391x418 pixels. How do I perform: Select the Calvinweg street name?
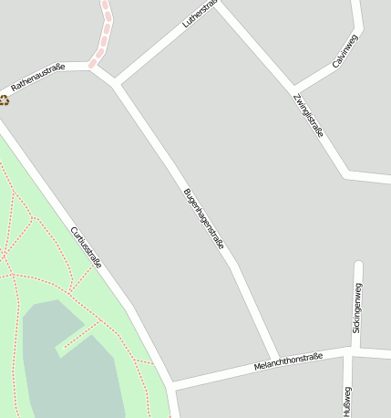point(345,51)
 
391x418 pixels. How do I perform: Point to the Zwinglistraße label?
point(309,115)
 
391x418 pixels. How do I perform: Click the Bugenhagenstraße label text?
point(203,219)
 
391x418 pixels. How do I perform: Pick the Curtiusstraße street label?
point(86,247)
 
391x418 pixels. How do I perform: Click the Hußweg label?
point(346,402)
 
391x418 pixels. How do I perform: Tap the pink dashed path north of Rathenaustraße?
point(106,33)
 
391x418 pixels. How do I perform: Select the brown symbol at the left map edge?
point(4,99)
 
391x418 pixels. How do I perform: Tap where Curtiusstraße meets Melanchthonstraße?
point(170,383)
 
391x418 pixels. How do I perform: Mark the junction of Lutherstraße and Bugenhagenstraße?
point(117,83)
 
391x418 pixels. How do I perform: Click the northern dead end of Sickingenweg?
point(358,266)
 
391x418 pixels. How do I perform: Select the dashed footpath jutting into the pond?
point(78,338)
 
